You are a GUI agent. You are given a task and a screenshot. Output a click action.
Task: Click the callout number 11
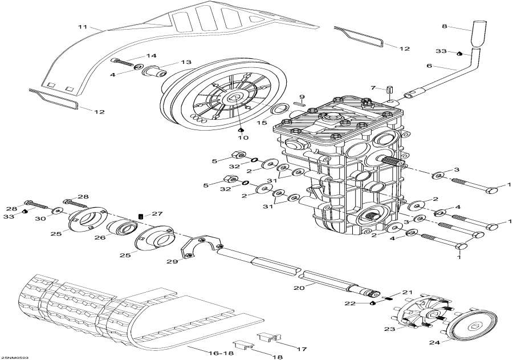[x=82, y=27]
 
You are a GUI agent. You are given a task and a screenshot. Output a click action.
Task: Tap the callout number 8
[x=445, y=26]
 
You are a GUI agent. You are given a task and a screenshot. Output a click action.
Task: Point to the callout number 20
[x=296, y=288]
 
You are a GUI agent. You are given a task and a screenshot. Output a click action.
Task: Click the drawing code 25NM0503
[x=15, y=357]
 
